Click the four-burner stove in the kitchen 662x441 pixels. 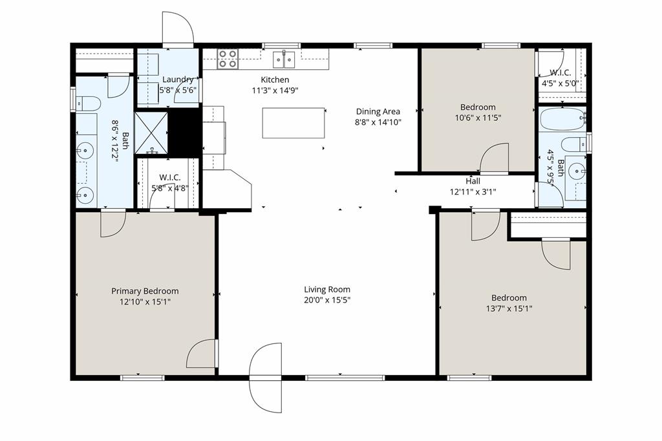[227, 59]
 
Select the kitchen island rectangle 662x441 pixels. [293, 123]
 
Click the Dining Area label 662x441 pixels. [378, 111]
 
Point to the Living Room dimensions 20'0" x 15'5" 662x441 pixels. [327, 300]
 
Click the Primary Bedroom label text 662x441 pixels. [145, 291]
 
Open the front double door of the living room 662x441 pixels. [266, 378]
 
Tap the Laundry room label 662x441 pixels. [178, 80]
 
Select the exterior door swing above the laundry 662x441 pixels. [177, 28]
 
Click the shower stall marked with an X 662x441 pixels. [151, 133]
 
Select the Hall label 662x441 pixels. [473, 181]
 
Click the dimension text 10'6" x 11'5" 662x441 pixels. [478, 118]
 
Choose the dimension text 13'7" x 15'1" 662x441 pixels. [509, 308]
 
